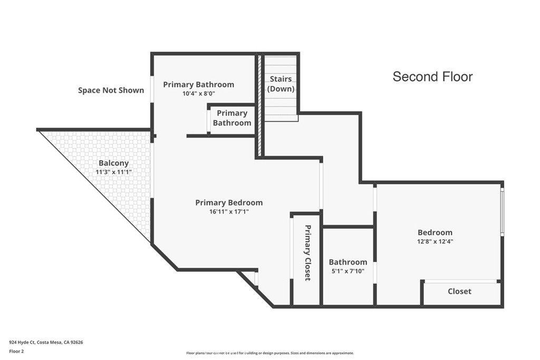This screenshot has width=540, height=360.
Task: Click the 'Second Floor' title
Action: [x=432, y=77]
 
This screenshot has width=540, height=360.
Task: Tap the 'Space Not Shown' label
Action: [x=111, y=90]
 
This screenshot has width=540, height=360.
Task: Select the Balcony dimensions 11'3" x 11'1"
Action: [x=113, y=172]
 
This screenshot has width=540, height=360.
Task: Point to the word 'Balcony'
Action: [x=113, y=163]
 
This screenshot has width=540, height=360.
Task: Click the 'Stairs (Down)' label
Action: [x=281, y=84]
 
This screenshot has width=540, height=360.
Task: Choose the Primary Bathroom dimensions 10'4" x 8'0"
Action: [x=198, y=94]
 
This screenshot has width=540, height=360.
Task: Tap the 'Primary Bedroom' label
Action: [x=229, y=202]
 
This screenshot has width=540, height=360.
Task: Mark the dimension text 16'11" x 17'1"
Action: [x=229, y=212]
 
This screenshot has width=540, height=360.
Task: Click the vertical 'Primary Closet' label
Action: [x=307, y=252]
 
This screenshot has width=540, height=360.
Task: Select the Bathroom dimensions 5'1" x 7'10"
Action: [x=348, y=271]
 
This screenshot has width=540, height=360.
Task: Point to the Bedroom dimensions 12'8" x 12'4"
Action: [x=435, y=241]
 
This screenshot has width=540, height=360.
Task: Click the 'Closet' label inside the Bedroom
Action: [x=459, y=291]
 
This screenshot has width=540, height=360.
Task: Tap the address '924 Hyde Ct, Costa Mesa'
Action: [x=46, y=342]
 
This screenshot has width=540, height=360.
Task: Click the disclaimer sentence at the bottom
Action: [x=269, y=353]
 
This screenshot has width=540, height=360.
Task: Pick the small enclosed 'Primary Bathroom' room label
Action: [x=232, y=118]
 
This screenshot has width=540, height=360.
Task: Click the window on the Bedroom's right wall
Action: [x=502, y=211]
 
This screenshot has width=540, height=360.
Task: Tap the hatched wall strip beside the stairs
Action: [x=259, y=105]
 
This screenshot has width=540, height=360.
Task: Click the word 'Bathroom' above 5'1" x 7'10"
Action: [x=348, y=262]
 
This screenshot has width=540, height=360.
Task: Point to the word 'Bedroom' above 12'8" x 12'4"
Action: [x=435, y=232]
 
